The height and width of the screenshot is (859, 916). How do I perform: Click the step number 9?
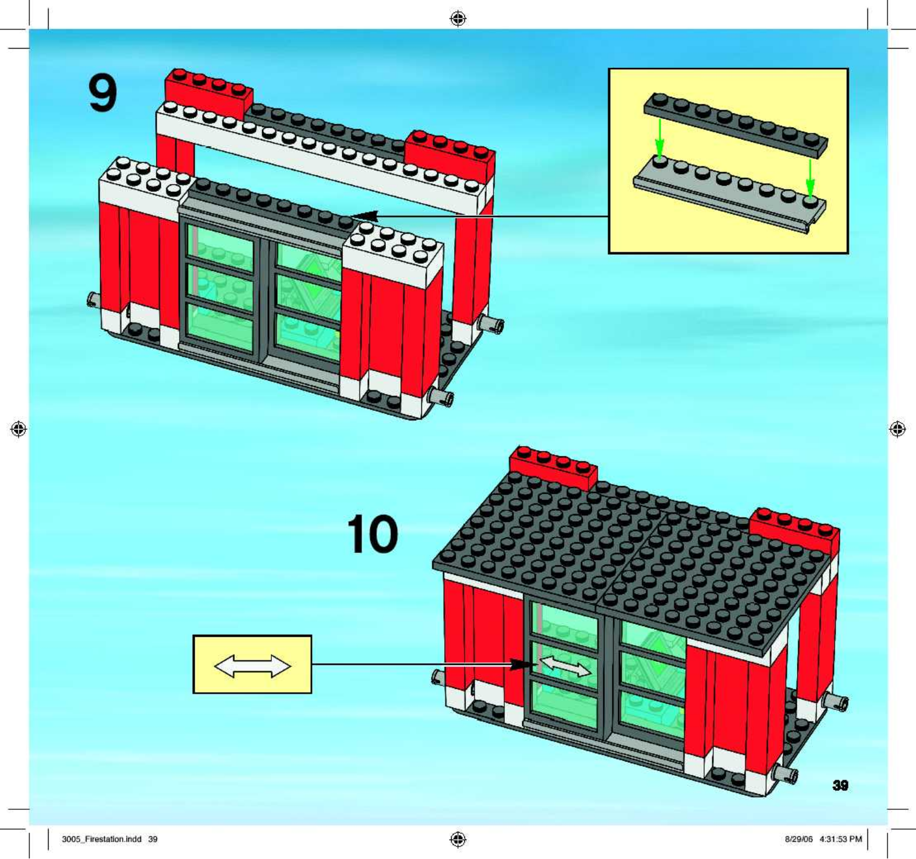102,94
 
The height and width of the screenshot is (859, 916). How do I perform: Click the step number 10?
372,534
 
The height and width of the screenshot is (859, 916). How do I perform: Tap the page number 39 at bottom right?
840,785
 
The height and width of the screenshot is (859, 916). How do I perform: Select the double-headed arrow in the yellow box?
252,666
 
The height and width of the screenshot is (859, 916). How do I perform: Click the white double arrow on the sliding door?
566,666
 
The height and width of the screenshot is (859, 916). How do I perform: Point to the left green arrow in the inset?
660,138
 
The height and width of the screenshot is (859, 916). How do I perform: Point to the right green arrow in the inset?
810,177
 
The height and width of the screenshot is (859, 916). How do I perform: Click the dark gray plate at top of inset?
736,124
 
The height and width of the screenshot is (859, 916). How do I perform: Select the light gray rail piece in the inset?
730,193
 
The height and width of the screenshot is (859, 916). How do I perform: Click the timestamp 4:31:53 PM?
840,839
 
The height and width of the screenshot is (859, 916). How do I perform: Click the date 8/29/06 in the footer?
799,839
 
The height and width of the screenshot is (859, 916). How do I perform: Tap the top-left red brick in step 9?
208,94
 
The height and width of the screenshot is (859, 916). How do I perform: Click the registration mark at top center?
458,19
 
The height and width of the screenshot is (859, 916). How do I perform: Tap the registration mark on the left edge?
19,429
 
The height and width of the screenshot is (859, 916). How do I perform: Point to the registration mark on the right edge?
897,429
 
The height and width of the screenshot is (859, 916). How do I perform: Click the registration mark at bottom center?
458,840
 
